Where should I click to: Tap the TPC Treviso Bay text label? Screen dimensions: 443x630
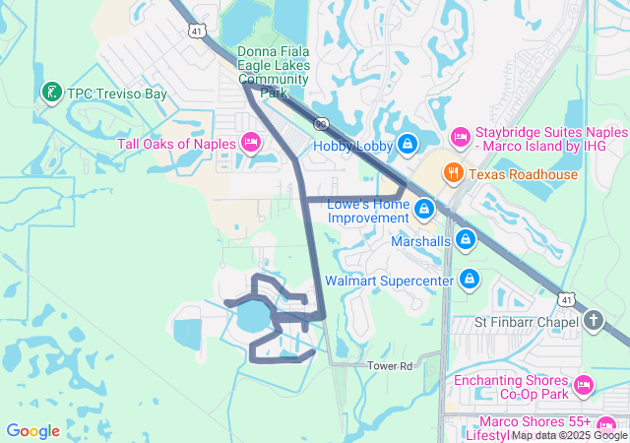point(116,94)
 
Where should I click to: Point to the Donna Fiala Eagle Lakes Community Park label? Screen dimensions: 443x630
point(274,72)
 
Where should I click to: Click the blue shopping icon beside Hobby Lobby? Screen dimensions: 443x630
point(407,146)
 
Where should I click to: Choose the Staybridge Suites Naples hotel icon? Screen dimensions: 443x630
point(459,134)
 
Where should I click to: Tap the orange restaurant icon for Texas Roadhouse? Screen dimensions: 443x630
point(453,174)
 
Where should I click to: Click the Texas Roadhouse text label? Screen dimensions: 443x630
point(523,175)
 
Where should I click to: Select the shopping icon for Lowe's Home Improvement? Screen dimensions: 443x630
point(424,209)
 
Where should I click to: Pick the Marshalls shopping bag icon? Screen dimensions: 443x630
point(466,239)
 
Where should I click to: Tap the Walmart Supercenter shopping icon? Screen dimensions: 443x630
point(470,281)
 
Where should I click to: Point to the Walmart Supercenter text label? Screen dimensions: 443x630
point(389,281)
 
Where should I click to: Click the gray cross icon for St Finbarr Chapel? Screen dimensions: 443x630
point(593,320)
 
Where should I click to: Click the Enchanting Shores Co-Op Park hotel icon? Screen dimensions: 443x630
point(582,383)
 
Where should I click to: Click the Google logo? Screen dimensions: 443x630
point(32,430)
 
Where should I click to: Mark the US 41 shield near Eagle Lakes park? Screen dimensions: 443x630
point(197,32)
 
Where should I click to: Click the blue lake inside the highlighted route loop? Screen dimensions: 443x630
point(251,316)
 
